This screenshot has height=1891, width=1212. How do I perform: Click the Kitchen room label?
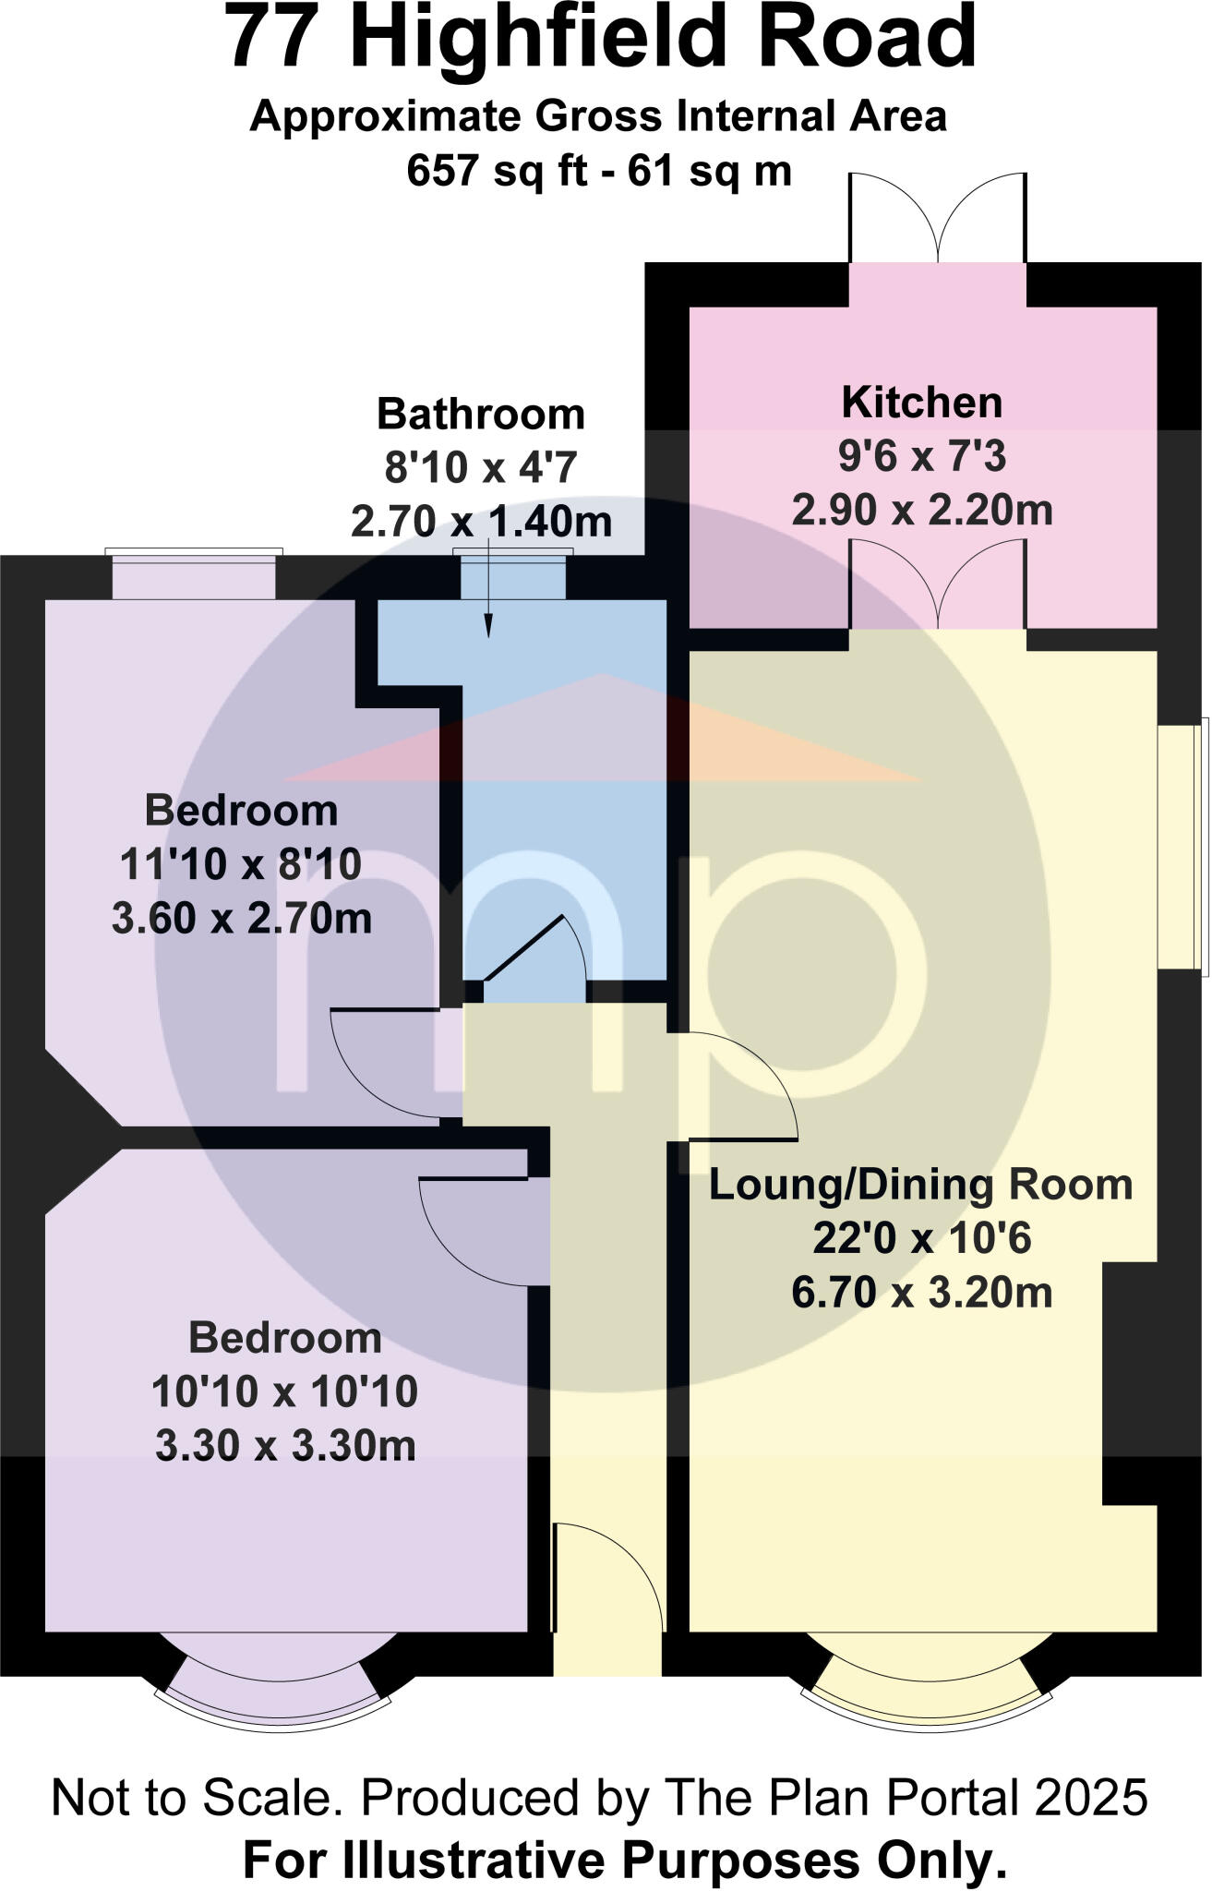pos(921,403)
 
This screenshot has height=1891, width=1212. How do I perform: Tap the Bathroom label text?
pos(481,415)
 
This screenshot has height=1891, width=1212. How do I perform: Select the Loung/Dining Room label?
pos(920,1185)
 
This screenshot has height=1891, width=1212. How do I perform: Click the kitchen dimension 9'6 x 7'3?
pos(921,456)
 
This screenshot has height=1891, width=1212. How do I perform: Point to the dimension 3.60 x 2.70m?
pos(242,919)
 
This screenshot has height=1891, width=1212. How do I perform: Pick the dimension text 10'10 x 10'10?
pos(284,1391)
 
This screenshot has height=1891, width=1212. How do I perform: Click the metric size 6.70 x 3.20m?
pos(921,1293)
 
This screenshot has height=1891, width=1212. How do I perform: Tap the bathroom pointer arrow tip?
pos(487,635)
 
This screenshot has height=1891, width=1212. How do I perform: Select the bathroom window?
pos(513,577)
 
